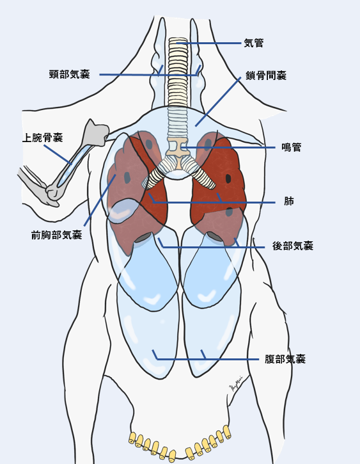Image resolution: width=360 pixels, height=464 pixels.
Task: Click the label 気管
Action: pyautogui.click(x=254, y=44)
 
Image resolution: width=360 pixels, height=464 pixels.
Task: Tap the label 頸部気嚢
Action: pyautogui.click(x=70, y=74)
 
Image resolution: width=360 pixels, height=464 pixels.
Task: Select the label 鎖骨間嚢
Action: pyautogui.click(x=266, y=76)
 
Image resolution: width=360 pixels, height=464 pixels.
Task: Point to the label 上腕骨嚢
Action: pyautogui.click(x=43, y=138)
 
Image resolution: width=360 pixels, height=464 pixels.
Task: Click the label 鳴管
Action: pyautogui.click(x=291, y=147)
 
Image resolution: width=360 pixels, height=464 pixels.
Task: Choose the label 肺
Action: pyautogui.click(x=289, y=201)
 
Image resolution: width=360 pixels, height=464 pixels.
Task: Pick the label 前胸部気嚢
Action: pyautogui.click(x=56, y=236)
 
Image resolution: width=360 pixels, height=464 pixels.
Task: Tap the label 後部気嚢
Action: pyautogui.click(x=293, y=246)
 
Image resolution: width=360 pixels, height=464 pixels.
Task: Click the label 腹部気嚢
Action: pyautogui.click(x=285, y=359)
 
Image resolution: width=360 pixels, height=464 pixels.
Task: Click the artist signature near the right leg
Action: pyautogui.click(x=235, y=383)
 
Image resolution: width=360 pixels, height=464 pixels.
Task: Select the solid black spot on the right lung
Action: pyautogui.click(x=228, y=179)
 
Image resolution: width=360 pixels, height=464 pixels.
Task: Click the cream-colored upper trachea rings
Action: pyautogui.click(x=178, y=72)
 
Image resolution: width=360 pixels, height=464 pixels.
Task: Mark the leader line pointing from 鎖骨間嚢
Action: pyautogui.click(x=218, y=102)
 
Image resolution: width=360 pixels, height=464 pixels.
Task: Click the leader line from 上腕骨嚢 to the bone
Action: pyautogui.click(x=58, y=154)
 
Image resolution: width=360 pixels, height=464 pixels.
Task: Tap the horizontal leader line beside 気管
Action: pyautogui.click(x=208, y=44)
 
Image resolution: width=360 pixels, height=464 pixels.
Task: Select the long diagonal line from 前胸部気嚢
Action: pyautogui.click(x=100, y=200)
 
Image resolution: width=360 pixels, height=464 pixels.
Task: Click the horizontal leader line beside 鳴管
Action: pyautogui.click(x=228, y=147)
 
